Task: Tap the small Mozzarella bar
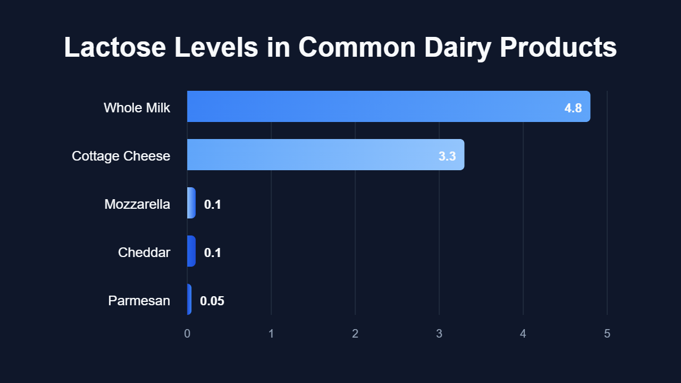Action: click(x=191, y=203)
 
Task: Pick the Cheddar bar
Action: click(x=191, y=251)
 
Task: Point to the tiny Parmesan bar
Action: click(x=189, y=299)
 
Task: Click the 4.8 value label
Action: click(x=573, y=108)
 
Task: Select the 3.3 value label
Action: click(x=447, y=156)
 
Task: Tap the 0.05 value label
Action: click(x=212, y=301)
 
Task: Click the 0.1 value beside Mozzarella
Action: click(x=212, y=204)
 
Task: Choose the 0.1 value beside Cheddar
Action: click(x=212, y=252)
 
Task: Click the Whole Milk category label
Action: click(x=137, y=107)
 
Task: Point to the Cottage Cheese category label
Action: click(x=121, y=155)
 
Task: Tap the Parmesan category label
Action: click(x=139, y=300)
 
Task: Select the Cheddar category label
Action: click(x=144, y=252)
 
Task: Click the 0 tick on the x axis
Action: click(x=187, y=334)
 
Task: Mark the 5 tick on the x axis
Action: click(x=607, y=334)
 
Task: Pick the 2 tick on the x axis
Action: click(x=355, y=334)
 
